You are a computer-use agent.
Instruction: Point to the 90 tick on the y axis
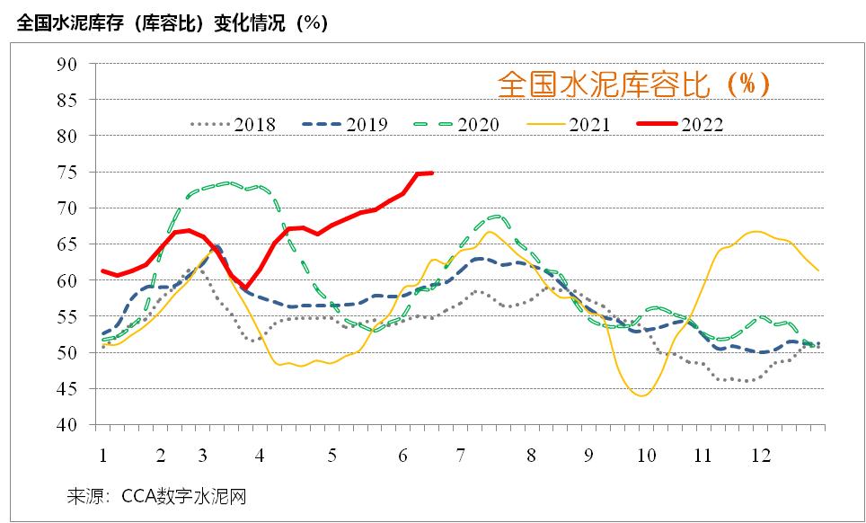tap(68, 64)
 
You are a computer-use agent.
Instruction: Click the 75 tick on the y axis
tap(68, 172)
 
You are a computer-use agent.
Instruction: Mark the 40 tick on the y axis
tap(68, 425)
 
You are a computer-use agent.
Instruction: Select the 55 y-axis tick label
tap(68, 316)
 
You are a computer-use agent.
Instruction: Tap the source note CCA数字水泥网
tap(156, 496)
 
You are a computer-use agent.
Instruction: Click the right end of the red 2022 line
tap(432, 173)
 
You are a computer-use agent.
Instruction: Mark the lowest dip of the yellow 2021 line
tap(642, 395)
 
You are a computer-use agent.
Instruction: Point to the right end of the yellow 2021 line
tap(817, 270)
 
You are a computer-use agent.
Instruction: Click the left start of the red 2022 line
tap(103, 270)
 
